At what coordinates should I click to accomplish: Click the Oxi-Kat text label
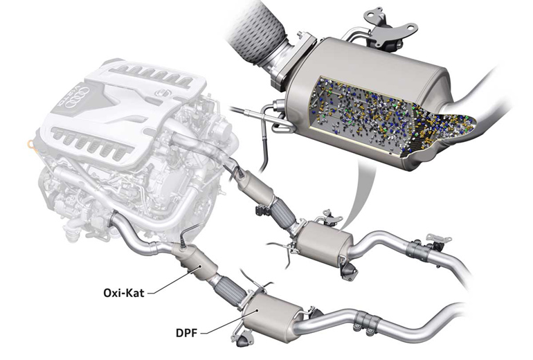[x=124, y=293]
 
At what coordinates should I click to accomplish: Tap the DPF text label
[x=186, y=333]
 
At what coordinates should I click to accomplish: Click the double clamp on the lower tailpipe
[x=366, y=322]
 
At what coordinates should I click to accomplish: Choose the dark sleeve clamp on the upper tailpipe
[x=419, y=250]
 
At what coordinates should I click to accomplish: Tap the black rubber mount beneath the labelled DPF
[x=243, y=343]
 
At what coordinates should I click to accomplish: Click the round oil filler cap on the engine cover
[x=161, y=93]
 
